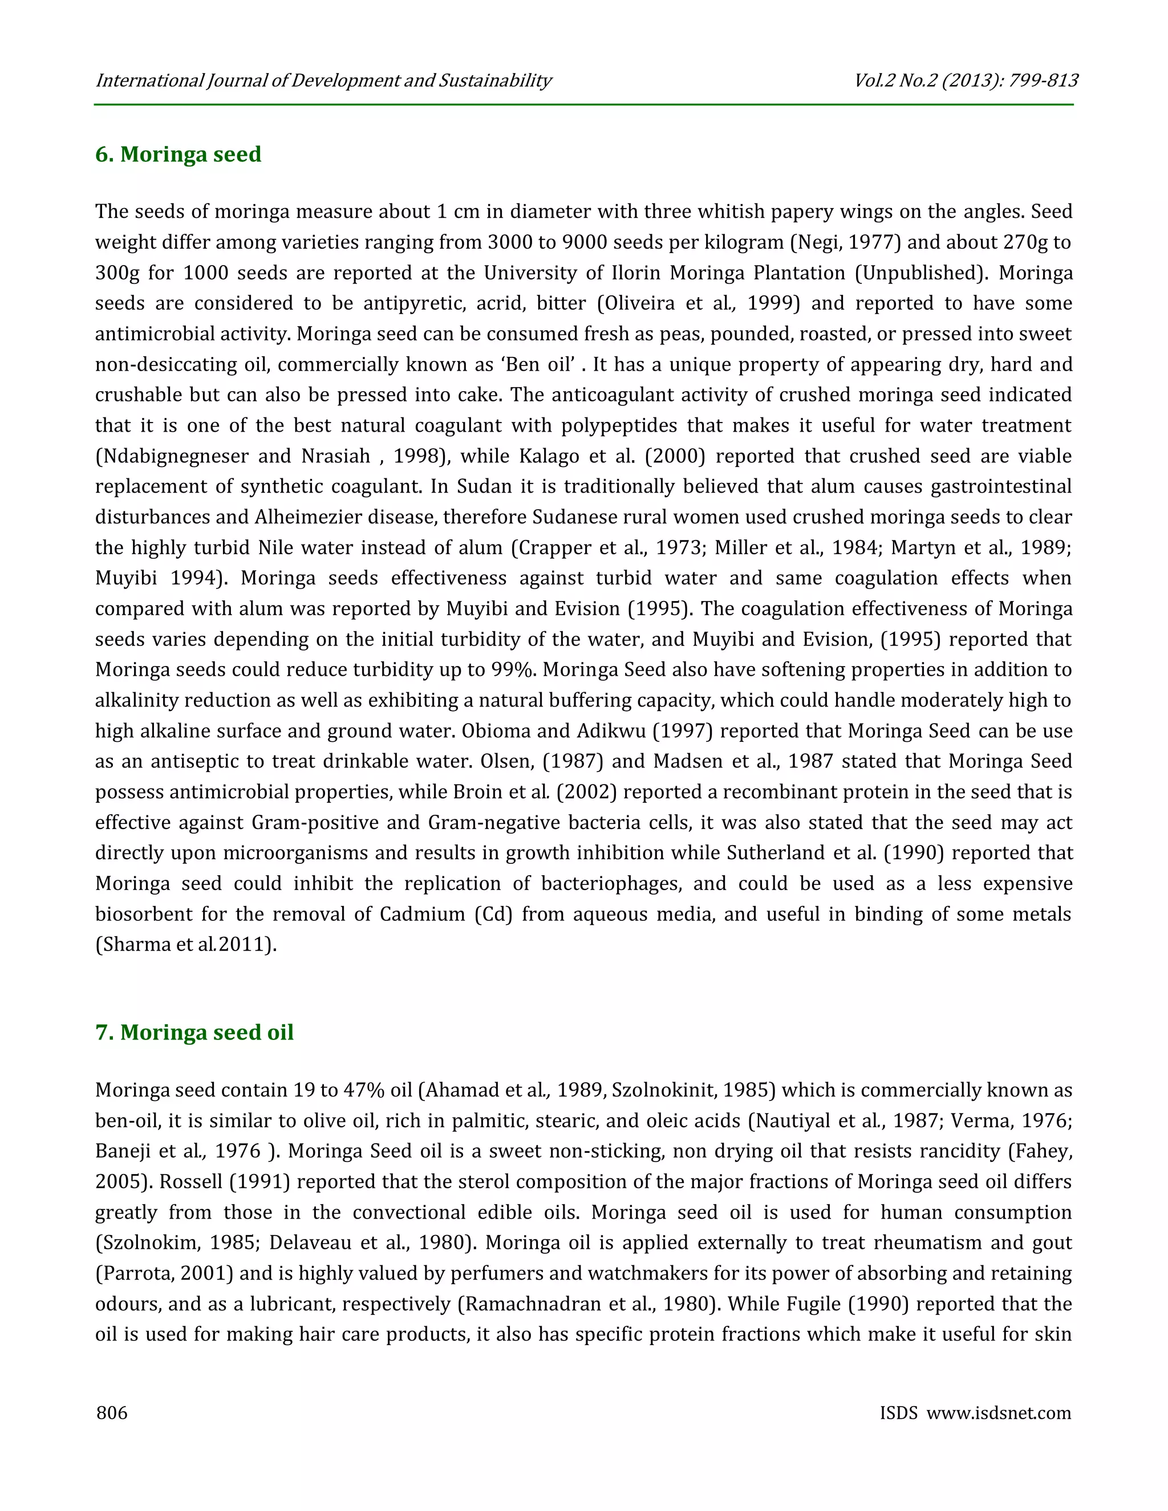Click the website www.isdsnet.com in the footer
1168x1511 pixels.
[x=999, y=1412]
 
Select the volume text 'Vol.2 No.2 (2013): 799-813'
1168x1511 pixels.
[x=966, y=81]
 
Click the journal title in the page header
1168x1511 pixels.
[x=323, y=81]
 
